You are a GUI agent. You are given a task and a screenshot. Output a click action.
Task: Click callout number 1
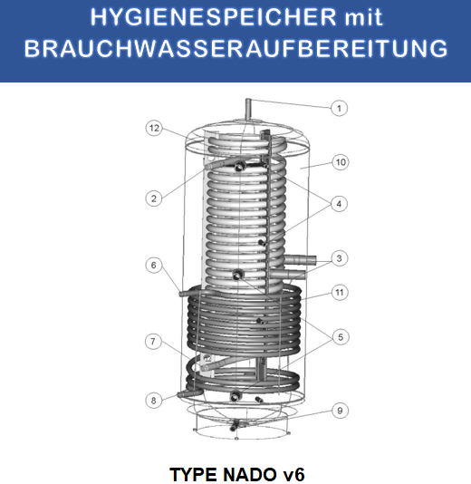click(x=339, y=108)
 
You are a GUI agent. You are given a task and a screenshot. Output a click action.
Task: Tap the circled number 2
click(x=155, y=197)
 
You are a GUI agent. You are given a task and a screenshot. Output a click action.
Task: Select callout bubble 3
click(x=338, y=258)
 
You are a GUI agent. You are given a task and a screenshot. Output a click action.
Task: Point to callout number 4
click(x=339, y=204)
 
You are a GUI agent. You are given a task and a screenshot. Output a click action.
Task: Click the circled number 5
click(x=339, y=337)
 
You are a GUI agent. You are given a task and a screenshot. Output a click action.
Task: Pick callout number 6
click(x=154, y=265)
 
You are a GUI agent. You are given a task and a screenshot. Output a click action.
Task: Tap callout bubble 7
click(x=155, y=341)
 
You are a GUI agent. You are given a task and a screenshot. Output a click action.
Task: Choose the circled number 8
click(x=155, y=400)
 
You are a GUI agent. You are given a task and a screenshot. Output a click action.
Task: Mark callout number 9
click(x=339, y=411)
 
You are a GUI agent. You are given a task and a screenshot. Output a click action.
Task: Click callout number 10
click(x=339, y=162)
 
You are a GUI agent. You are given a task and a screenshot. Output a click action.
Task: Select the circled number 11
click(x=339, y=292)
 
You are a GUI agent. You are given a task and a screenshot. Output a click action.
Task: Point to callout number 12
click(x=155, y=129)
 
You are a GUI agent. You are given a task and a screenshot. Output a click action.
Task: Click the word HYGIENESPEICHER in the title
click(x=187, y=17)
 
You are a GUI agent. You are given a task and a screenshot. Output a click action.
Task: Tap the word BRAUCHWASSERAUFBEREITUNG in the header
click(x=235, y=48)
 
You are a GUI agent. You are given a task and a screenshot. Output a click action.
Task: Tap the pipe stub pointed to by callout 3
click(x=303, y=261)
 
